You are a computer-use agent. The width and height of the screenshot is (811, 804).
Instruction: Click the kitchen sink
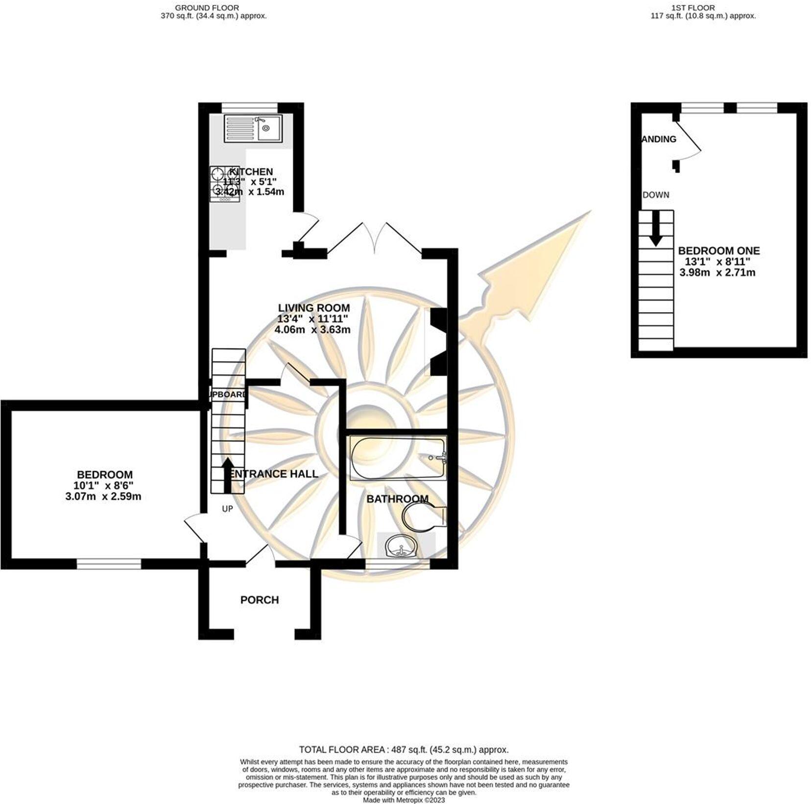[x=253, y=129]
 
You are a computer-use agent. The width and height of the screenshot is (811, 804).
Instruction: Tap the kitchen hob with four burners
[x=225, y=183]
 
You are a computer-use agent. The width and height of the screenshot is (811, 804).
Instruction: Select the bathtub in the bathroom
[x=397, y=459]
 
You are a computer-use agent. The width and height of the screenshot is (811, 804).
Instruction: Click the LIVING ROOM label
[x=313, y=308]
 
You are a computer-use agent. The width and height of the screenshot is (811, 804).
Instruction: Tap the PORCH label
[x=259, y=600]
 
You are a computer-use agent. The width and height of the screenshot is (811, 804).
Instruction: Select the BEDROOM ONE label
[x=718, y=251]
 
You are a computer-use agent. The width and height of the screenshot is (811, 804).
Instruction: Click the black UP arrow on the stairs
[x=228, y=474]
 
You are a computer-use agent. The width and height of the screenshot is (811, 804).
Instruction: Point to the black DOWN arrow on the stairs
[x=656, y=228]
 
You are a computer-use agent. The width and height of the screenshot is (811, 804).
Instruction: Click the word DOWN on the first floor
[x=656, y=195]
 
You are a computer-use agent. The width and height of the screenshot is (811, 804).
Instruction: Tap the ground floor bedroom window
[x=109, y=564]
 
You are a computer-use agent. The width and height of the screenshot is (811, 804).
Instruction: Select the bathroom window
[x=397, y=564]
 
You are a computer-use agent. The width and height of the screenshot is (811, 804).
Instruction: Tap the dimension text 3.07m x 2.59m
[x=103, y=496]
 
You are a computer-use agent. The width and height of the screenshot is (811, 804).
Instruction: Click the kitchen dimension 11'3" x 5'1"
[x=250, y=182]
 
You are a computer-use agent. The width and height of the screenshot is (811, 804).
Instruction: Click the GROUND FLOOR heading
[x=207, y=8]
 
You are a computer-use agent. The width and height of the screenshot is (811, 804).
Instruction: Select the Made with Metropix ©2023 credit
[x=404, y=800]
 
